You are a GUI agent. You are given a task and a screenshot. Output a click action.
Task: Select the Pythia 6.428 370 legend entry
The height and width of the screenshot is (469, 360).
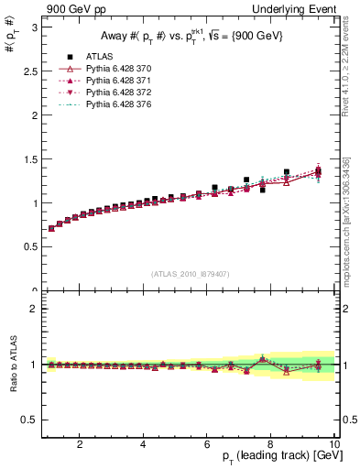point(111,69)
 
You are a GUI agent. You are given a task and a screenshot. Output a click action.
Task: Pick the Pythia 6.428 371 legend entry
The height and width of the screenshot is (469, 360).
point(111,81)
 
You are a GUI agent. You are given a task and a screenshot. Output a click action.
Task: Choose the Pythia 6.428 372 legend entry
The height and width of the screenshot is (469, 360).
point(111,93)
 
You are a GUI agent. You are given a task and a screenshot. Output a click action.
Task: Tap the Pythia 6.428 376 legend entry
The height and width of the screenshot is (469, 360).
point(111,104)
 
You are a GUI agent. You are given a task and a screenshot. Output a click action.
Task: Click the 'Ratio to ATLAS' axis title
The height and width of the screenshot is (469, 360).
point(13,364)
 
